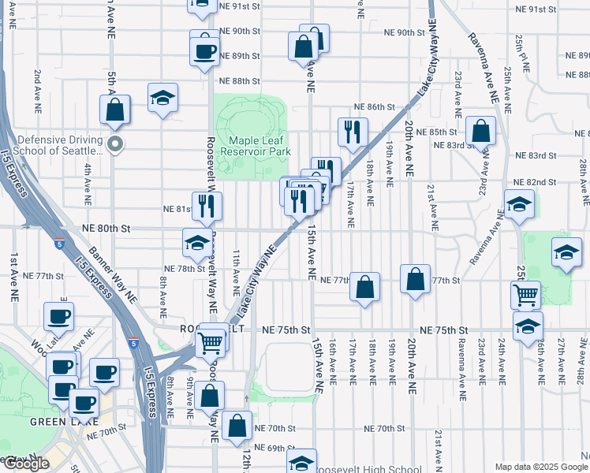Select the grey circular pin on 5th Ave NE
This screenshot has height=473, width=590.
[x=115, y=143]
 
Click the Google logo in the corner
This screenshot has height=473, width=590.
[x=26, y=464]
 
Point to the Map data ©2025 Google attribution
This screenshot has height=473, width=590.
[x=541, y=467]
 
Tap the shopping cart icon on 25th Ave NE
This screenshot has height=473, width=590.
[x=525, y=296]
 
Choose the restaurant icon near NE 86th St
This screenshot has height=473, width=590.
[x=353, y=131]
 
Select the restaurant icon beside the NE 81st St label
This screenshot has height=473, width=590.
[x=207, y=206]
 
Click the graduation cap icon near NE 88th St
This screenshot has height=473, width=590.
[x=163, y=98]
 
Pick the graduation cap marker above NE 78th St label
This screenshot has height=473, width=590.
[x=196, y=243]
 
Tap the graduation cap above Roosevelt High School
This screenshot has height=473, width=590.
[x=301, y=462]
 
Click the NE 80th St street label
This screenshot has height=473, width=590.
[x=105, y=228]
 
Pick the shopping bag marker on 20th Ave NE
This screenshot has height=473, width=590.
[x=415, y=279]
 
